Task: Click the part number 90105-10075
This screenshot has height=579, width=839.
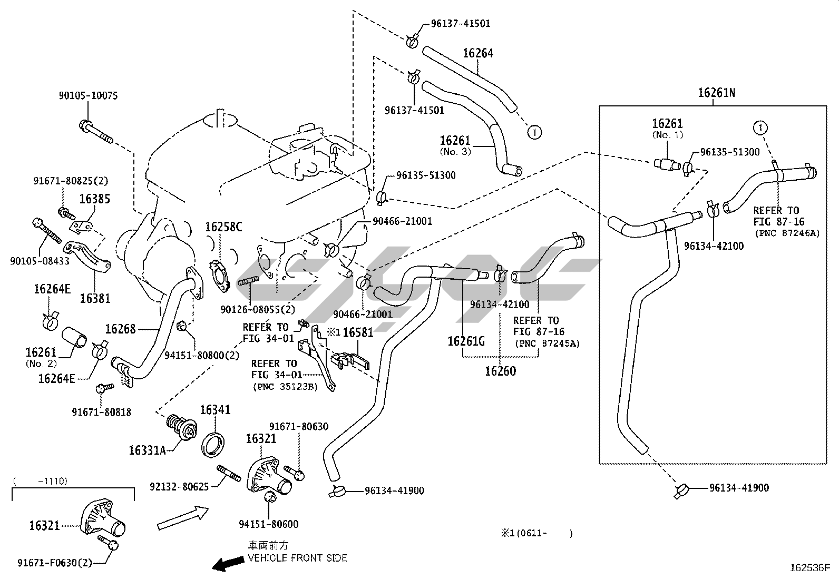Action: (88, 96)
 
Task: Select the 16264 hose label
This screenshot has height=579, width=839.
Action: (478, 53)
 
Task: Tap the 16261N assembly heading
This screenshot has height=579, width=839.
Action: (716, 93)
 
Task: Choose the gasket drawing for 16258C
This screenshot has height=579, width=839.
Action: (221, 274)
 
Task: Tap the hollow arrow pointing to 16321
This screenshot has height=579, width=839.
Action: (183, 518)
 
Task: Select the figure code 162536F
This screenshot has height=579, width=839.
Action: (809, 568)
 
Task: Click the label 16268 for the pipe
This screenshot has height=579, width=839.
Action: (120, 329)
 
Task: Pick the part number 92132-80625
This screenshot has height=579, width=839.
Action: (179, 486)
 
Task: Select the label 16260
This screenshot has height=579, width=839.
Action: (500, 371)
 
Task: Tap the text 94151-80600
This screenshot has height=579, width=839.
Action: (268, 524)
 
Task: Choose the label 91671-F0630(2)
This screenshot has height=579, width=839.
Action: (54, 562)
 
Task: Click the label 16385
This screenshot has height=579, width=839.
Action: (95, 199)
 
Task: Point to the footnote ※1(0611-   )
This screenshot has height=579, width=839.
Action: (536, 533)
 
